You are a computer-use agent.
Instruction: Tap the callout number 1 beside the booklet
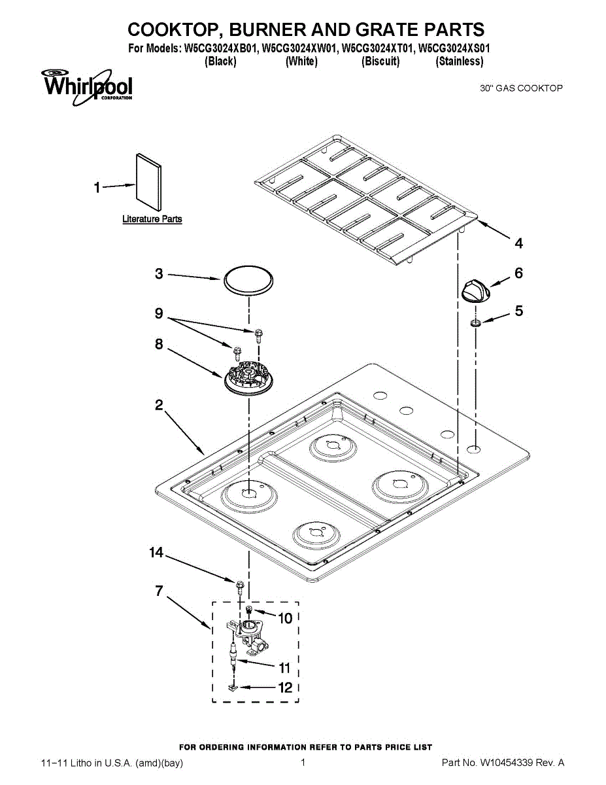pos(97,188)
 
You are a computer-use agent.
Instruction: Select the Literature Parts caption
pos(152,219)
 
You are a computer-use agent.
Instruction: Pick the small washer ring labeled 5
pos(476,322)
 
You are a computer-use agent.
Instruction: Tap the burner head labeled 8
pos(249,379)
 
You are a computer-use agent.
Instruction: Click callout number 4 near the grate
pos(518,243)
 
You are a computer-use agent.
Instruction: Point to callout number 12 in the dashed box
pos(285,688)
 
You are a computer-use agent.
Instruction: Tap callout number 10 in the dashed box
pos(285,618)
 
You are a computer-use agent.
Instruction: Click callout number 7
pos(159,591)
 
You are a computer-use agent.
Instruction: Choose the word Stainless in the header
pos(460,61)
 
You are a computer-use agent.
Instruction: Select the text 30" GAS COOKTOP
pos(521,88)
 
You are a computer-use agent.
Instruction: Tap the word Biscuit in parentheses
pos(380,61)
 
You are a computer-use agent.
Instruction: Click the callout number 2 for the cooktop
pos(159,405)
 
